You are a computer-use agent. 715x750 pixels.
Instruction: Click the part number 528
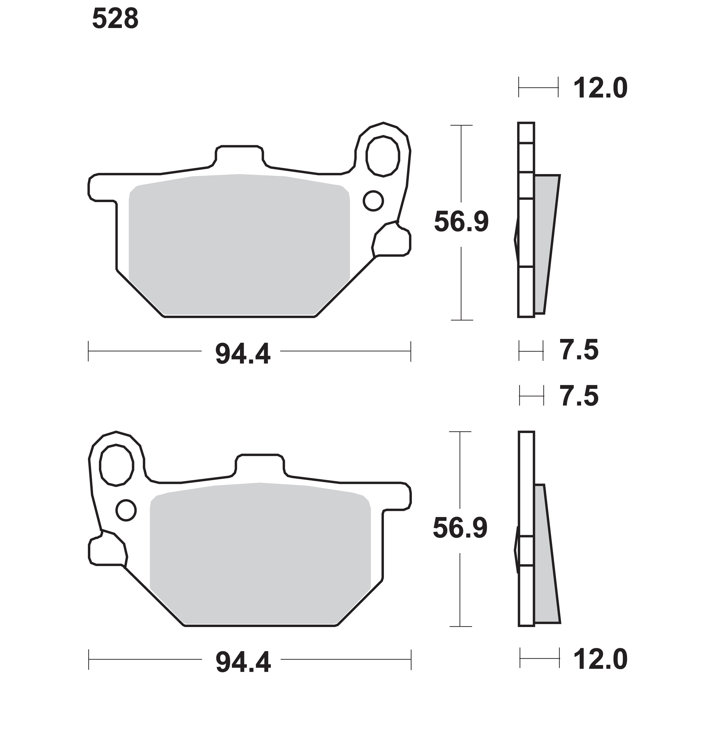point(115,19)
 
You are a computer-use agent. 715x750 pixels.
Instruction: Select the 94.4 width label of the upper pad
point(243,354)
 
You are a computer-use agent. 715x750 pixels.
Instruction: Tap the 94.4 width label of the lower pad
point(243,663)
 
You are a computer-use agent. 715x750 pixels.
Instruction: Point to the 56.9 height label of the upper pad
point(461,222)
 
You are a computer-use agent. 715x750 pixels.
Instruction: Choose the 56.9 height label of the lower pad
point(460,528)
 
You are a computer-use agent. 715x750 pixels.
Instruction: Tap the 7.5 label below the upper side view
point(579,350)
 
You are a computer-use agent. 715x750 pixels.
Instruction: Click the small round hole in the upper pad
point(373,201)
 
